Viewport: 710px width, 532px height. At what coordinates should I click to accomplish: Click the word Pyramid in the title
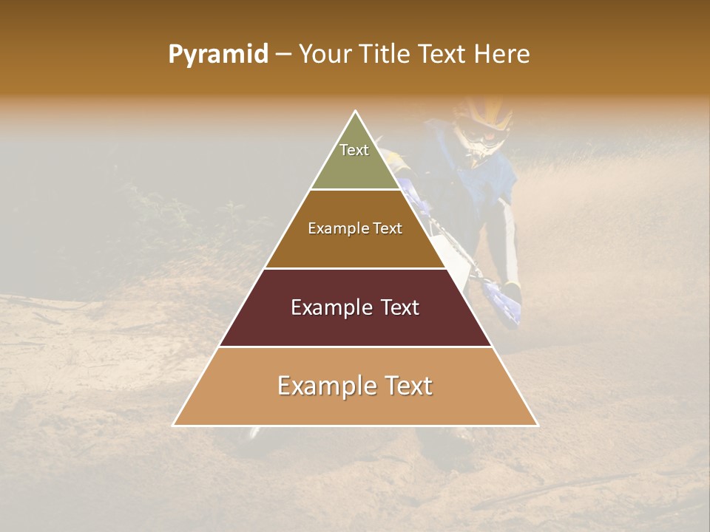click(x=217, y=55)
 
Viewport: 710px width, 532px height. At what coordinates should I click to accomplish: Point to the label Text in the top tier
click(x=354, y=150)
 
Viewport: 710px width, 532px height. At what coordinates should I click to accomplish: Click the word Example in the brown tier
click(x=332, y=229)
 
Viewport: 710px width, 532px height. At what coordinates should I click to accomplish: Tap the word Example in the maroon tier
click(x=325, y=307)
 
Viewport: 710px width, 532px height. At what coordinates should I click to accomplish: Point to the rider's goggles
click(x=484, y=139)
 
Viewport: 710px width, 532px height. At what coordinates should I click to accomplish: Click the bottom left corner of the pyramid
click(x=174, y=425)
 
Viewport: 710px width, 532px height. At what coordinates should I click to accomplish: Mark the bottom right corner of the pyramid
click(x=537, y=425)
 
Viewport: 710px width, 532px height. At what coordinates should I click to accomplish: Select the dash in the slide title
click(x=283, y=55)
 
